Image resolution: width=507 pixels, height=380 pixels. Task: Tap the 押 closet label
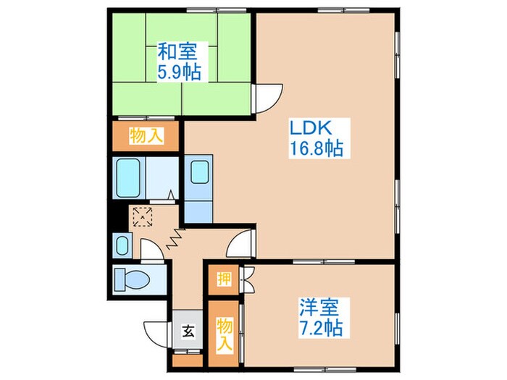point(224,279)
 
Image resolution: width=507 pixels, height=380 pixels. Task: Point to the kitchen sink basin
point(199,174)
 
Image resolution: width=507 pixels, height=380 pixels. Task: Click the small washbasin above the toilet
point(121,244)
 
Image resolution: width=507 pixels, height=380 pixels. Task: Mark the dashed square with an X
point(143,216)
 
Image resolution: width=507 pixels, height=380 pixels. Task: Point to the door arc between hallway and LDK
point(240,246)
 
